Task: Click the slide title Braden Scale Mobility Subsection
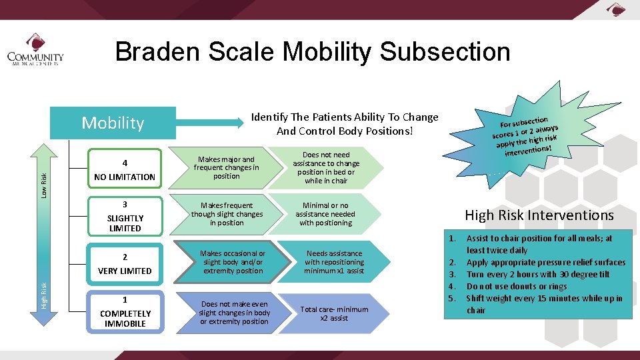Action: point(312,51)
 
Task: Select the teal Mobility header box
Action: point(113,123)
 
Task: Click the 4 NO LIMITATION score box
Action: point(125,169)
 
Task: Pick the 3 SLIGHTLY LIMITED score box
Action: point(125,216)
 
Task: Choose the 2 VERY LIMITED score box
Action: point(125,263)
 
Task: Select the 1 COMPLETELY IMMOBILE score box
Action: point(125,311)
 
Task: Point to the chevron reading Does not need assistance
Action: point(327,168)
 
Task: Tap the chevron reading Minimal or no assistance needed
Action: point(327,215)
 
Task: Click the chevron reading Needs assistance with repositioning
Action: point(333,262)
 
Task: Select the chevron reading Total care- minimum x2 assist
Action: point(333,313)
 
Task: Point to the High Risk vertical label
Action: point(44,295)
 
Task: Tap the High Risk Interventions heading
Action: point(539,215)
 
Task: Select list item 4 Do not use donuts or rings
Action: point(517,287)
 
